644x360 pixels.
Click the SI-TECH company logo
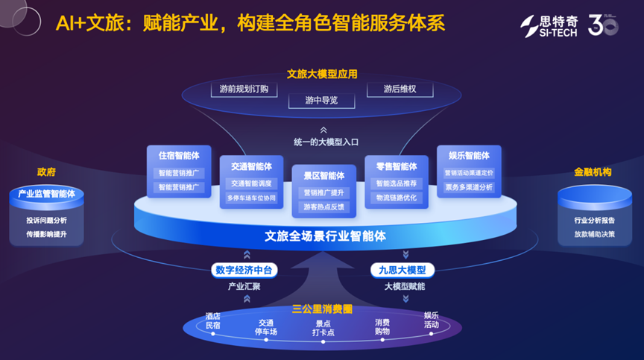[549, 26]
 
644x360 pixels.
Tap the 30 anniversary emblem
[603, 25]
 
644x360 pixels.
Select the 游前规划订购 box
[244, 89]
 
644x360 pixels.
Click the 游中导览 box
[321, 101]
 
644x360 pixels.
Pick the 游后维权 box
[400, 89]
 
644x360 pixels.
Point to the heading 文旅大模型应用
[322, 75]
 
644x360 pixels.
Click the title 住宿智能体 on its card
[179, 156]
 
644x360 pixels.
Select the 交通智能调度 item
[251, 183]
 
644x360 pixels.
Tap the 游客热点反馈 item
[323, 207]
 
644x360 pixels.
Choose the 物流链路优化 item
[397, 198]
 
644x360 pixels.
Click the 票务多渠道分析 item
[469, 188]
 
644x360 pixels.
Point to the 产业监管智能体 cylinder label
[46, 194]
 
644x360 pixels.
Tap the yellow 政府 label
[46, 172]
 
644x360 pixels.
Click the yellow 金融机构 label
[593, 172]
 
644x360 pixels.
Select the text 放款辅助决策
[594, 234]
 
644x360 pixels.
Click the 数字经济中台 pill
[244, 270]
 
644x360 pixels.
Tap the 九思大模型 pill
[402, 270]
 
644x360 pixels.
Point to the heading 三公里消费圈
[322, 309]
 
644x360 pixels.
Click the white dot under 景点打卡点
[323, 341]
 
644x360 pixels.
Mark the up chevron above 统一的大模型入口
[323, 130]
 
